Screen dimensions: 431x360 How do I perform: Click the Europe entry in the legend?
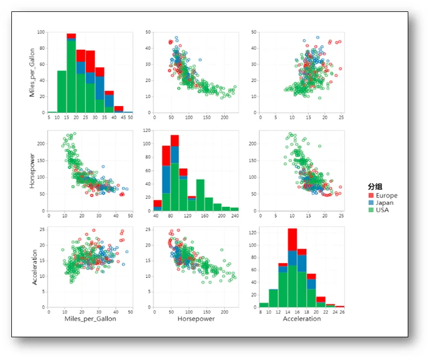[387, 195]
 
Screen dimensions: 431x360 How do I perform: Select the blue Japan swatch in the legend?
[371, 202]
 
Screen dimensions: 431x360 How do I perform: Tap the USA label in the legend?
[382, 210]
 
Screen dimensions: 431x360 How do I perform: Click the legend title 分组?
[375, 187]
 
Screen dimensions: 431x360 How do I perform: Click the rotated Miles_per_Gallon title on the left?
[32, 73]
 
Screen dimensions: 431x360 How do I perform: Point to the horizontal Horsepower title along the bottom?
[196, 319]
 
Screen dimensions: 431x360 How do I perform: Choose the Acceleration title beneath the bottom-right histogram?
[302, 319]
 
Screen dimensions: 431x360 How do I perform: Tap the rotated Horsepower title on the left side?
[32, 171]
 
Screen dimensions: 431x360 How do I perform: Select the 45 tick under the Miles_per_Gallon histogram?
[123, 117]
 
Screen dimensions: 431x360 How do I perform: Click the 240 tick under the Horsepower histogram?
[235, 216]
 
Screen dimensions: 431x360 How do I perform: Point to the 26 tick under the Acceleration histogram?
[342, 312]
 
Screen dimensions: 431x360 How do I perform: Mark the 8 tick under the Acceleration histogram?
[260, 312]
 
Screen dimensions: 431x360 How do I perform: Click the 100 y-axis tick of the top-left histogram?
[41, 32]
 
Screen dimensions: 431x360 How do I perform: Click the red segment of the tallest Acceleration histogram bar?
[292, 239]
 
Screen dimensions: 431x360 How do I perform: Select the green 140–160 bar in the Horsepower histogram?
[200, 195]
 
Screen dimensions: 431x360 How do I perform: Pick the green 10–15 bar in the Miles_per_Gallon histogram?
[62, 91]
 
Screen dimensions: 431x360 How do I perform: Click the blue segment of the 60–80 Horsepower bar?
[166, 179]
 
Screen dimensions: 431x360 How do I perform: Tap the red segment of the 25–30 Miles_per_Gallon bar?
[90, 61]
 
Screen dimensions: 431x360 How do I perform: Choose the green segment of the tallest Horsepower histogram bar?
[175, 187]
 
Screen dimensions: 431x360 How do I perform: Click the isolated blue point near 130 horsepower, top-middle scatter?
[200, 60]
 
